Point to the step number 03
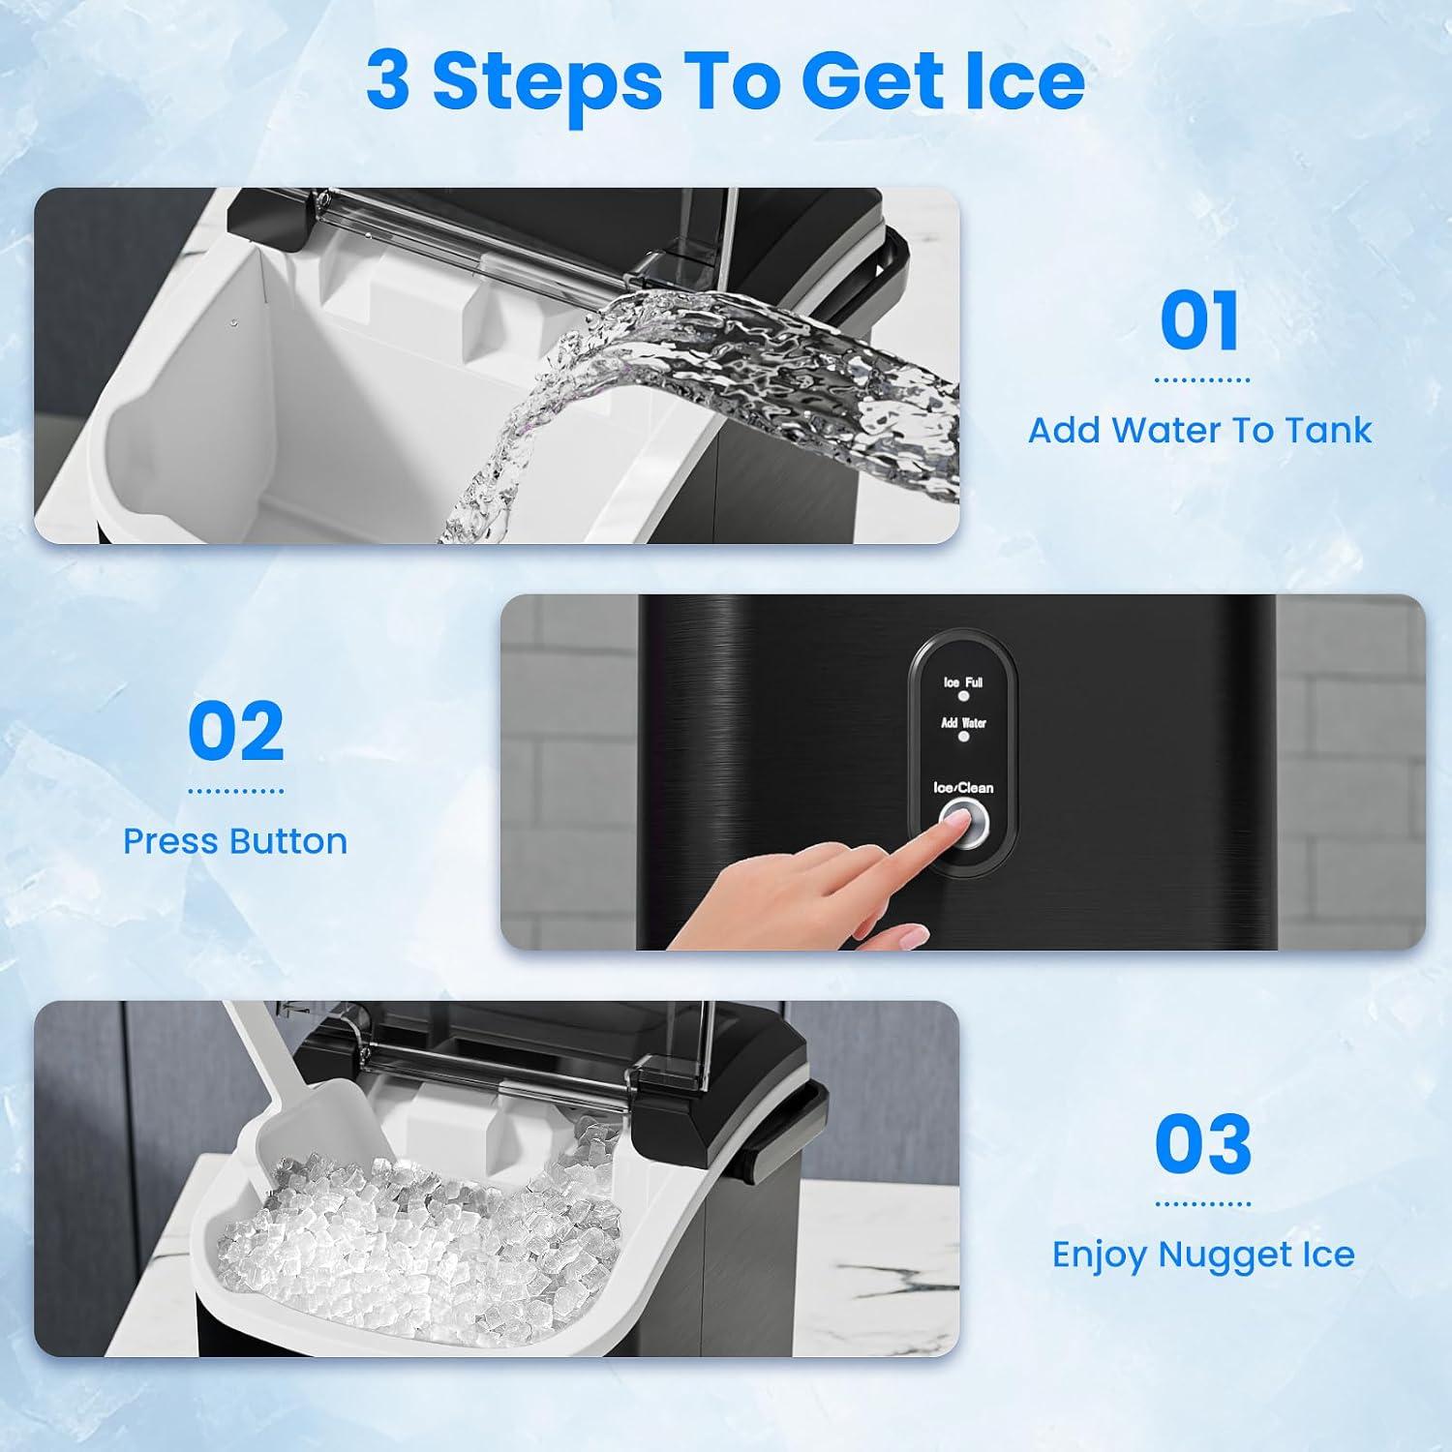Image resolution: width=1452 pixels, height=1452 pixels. pyautogui.click(x=1203, y=1144)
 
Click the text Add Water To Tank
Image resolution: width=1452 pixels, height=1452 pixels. pyautogui.click(x=1200, y=430)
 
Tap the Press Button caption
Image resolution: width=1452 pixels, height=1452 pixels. pyautogui.click(x=235, y=841)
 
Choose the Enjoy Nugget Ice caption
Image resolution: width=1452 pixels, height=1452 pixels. pyautogui.click(x=1203, y=1255)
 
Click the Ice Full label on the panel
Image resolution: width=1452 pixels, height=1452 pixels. pyautogui.click(x=963, y=682)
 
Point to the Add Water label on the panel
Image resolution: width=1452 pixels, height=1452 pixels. pyautogui.click(x=963, y=723)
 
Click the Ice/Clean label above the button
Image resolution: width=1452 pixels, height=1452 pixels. pyautogui.click(x=963, y=788)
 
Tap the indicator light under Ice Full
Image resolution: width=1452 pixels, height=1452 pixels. pyautogui.click(x=964, y=696)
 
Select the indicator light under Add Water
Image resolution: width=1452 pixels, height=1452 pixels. pyautogui.click(x=964, y=737)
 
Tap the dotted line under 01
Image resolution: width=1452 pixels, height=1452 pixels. pyautogui.click(x=1201, y=380)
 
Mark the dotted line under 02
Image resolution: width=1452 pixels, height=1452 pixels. pyautogui.click(x=236, y=791)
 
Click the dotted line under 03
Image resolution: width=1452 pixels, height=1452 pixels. pyautogui.click(x=1203, y=1204)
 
